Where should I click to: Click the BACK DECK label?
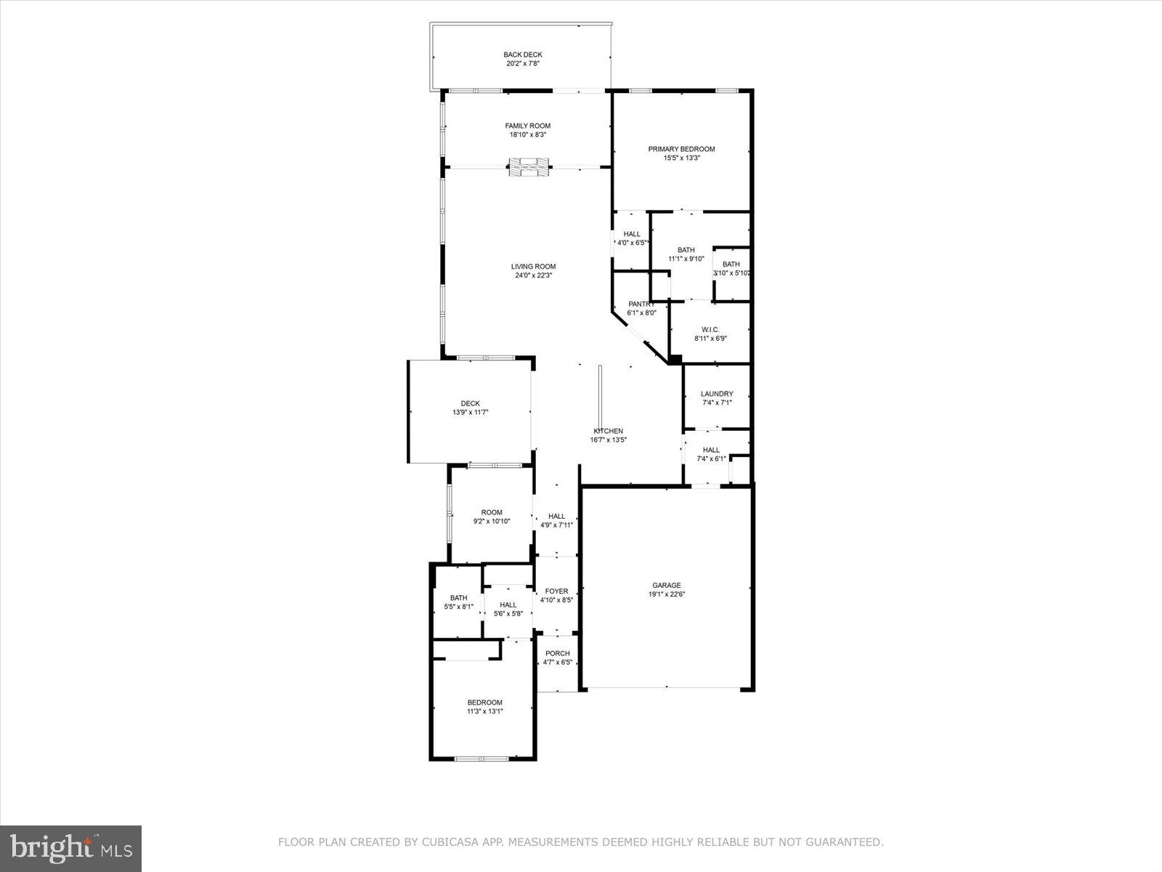pos(523,54)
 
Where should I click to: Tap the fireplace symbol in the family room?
pos(529,168)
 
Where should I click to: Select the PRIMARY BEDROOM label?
pos(681,149)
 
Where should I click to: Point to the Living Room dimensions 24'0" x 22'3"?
pos(534,275)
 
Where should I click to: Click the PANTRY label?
pos(641,304)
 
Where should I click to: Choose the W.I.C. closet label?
pos(710,329)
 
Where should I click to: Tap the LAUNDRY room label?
pos(716,394)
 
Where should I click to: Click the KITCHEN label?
pos(608,431)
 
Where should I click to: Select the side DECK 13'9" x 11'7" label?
pos(470,408)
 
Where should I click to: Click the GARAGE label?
pos(666,585)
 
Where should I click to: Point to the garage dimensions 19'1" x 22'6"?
pos(666,594)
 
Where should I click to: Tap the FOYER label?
pos(557,592)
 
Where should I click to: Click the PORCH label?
pos(557,653)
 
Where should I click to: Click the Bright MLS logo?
pos(71,848)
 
